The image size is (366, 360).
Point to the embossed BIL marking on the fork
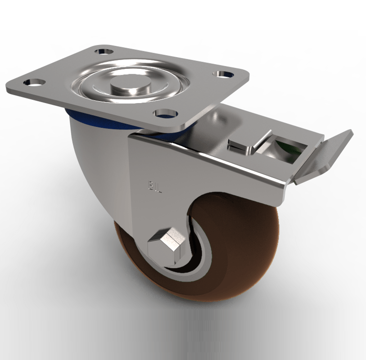point(154,184)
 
